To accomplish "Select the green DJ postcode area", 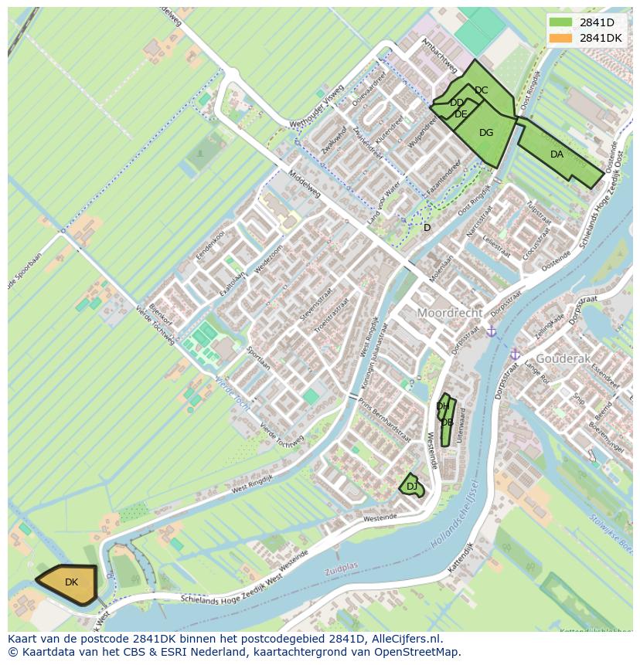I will [411, 486].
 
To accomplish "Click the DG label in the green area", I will [486, 133].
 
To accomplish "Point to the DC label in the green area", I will [481, 90].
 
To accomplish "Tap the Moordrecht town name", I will [450, 314].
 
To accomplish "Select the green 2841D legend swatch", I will [561, 22].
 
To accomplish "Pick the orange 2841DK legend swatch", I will [561, 38].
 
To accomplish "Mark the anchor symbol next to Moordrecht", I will [491, 331].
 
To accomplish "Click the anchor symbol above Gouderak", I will [514, 354].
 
